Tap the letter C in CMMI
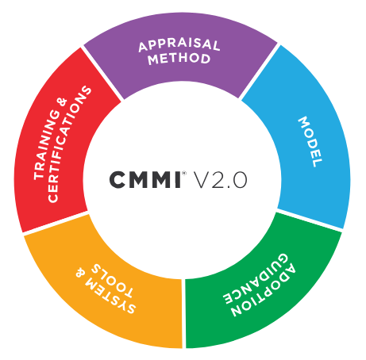[117, 180]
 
